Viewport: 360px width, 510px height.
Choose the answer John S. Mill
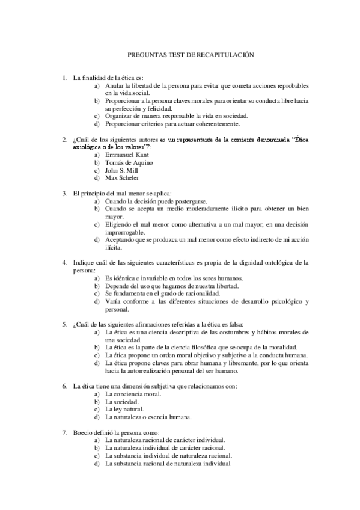(122, 170)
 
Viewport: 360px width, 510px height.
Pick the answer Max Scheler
(122, 177)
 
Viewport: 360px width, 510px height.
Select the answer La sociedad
(121, 401)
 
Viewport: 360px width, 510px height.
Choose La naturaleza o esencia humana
(148, 417)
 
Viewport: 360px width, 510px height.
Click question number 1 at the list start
(65, 77)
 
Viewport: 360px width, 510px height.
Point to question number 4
(65, 262)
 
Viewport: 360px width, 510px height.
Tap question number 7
(65, 432)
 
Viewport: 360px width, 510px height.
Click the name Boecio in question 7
(83, 432)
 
